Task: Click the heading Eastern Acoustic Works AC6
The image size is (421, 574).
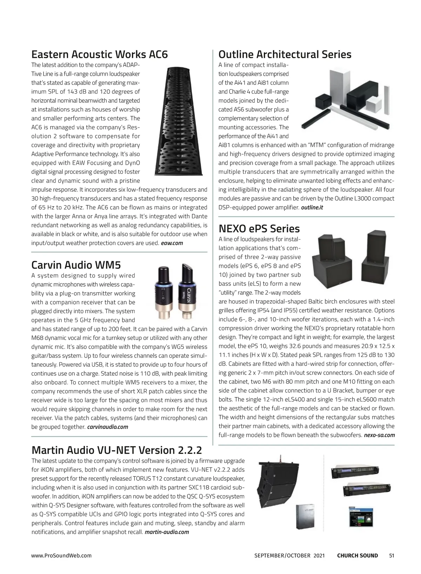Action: (100, 55)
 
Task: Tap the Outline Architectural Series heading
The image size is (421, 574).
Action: (285, 55)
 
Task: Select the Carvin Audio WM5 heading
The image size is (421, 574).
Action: (76, 265)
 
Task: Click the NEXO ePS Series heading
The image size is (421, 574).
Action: (259, 229)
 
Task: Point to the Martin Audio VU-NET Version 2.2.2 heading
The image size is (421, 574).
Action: (116, 450)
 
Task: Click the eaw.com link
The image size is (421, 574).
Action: (172, 243)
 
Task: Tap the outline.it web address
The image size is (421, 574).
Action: (312, 207)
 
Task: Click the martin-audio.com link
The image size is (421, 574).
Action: (167, 532)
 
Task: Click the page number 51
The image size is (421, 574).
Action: (392, 555)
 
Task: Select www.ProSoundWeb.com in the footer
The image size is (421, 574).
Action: (61, 555)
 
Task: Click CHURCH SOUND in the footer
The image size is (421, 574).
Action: (357, 555)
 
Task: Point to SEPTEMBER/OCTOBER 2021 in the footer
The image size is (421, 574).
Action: (289, 555)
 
